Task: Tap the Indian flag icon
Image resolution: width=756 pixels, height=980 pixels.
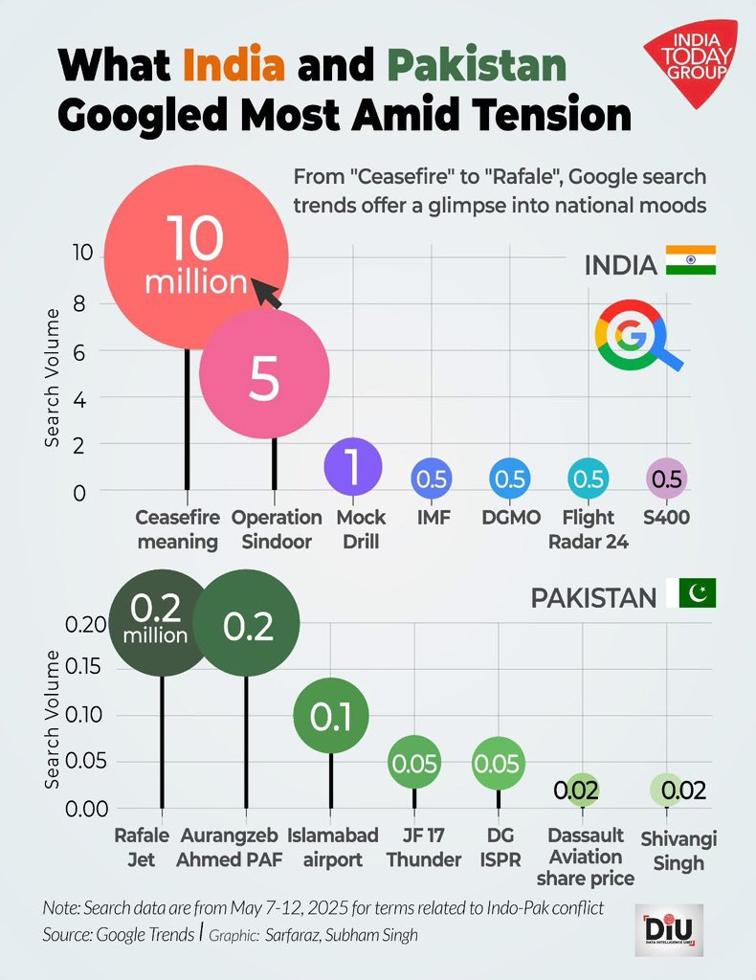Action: tap(692, 261)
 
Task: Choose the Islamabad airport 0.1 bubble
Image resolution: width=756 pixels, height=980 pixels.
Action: tap(331, 715)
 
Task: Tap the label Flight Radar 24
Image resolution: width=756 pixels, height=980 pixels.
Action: tap(589, 529)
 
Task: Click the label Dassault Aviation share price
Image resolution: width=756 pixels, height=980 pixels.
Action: tap(586, 857)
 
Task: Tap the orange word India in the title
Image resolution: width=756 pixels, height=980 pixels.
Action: tap(233, 66)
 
